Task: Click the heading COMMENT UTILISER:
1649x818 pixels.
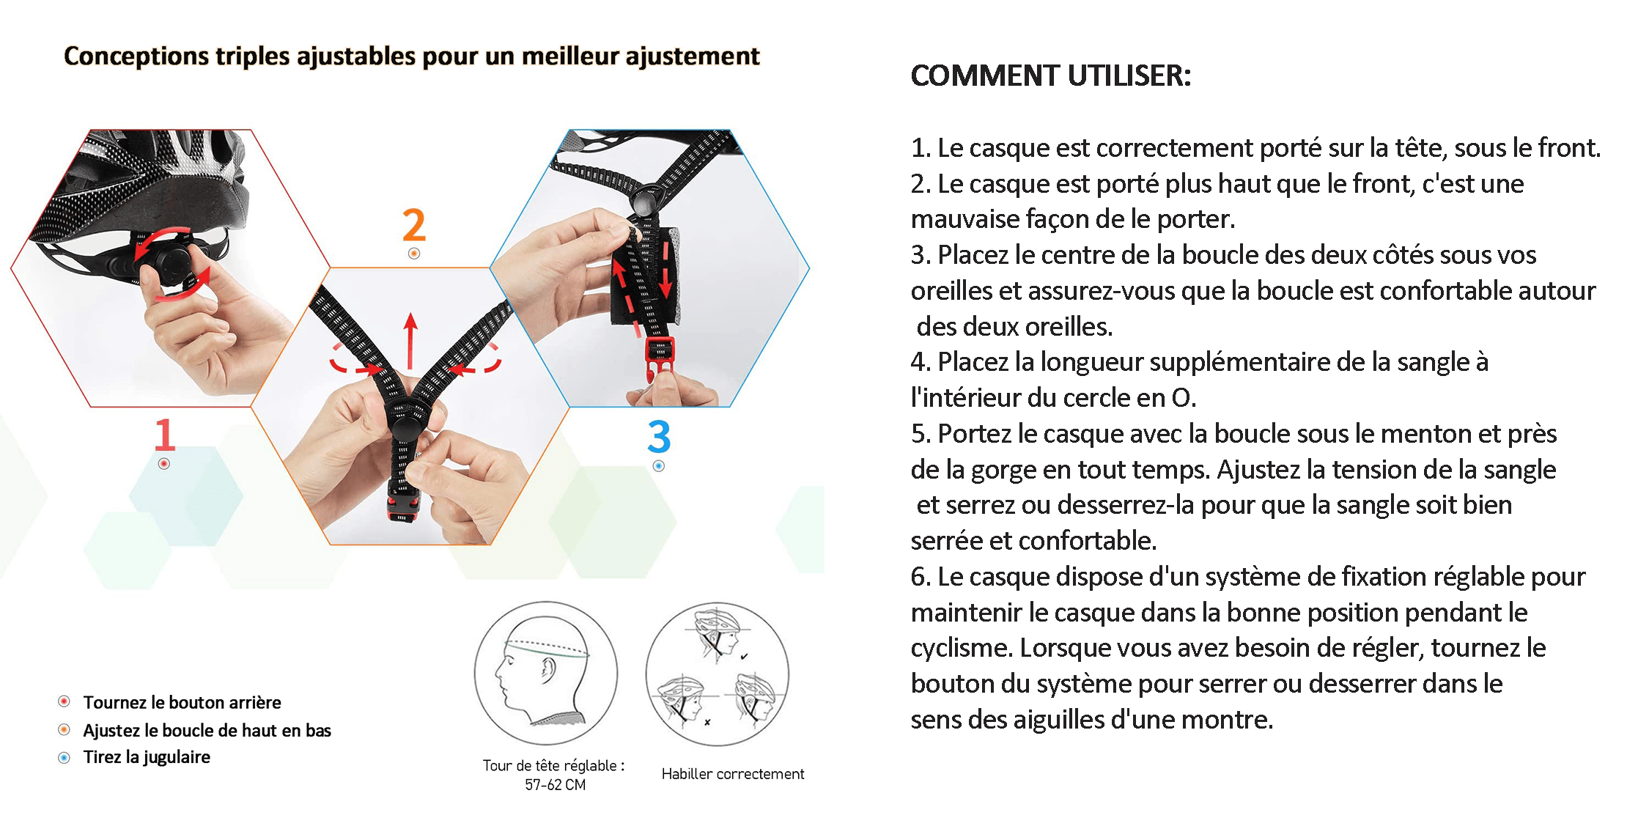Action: point(1050,75)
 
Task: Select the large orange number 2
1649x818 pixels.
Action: point(414,224)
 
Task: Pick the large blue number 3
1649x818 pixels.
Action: point(659,436)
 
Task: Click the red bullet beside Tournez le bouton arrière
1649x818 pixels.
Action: point(64,701)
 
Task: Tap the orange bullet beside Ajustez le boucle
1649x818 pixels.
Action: point(64,729)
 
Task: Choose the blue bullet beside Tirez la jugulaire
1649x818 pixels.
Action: point(64,757)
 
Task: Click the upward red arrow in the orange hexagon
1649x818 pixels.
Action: point(410,341)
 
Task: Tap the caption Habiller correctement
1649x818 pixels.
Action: point(732,774)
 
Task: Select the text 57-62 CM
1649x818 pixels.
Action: point(555,785)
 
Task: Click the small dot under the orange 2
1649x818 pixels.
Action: point(414,254)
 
